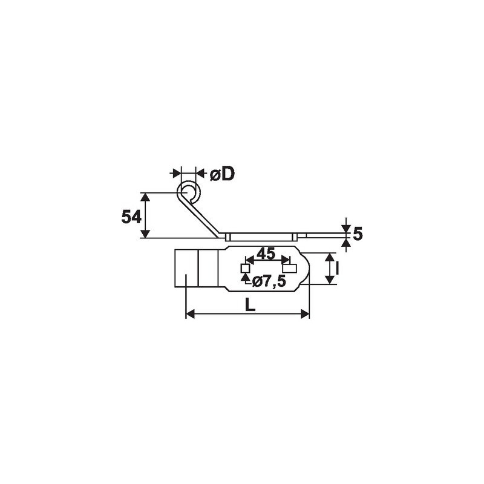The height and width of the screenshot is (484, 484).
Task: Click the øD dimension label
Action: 222,174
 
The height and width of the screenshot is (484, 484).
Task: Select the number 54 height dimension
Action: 131,217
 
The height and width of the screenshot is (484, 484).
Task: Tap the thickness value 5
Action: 358,234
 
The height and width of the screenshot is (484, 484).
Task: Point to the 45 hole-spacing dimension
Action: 266,253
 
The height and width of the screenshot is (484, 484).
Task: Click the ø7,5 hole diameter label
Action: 269,281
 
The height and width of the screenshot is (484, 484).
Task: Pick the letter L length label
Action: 250,306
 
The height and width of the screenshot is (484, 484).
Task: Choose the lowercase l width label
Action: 337,268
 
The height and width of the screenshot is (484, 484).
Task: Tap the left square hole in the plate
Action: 246,269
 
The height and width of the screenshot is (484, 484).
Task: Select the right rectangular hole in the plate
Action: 290,268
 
